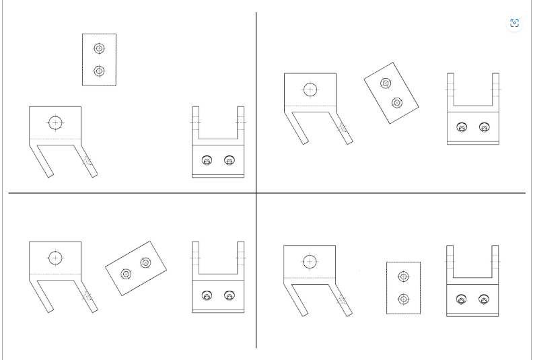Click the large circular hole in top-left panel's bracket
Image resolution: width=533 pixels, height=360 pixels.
click(55, 123)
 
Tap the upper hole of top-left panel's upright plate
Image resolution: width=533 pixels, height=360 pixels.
click(99, 48)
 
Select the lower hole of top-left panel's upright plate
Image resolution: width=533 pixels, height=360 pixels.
click(99, 71)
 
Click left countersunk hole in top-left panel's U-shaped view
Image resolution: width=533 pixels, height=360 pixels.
click(207, 160)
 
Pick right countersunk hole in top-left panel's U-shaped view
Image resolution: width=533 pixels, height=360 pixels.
click(229, 160)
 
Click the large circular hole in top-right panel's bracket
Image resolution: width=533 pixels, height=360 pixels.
click(310, 89)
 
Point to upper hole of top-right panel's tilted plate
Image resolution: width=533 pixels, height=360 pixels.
click(386, 83)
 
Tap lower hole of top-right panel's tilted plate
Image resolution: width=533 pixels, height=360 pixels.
click(396, 103)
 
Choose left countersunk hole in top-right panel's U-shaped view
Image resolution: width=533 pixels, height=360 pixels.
click(462, 127)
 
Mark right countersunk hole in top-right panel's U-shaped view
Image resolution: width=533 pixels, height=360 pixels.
click(484, 127)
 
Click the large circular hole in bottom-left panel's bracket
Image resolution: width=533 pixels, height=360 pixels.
click(55, 258)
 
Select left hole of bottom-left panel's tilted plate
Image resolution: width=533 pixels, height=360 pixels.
click(126, 274)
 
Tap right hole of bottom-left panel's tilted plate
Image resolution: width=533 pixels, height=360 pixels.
click(145, 262)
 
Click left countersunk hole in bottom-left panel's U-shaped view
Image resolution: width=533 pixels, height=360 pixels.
click(207, 295)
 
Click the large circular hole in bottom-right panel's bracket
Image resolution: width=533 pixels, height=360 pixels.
click(310, 261)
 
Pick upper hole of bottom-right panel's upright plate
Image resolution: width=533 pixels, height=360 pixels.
click(403, 276)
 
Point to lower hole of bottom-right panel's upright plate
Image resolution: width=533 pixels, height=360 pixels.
click(403, 299)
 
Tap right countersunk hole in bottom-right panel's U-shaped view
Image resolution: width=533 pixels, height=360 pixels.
click(483, 299)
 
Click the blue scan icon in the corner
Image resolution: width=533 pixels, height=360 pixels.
click(514, 23)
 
